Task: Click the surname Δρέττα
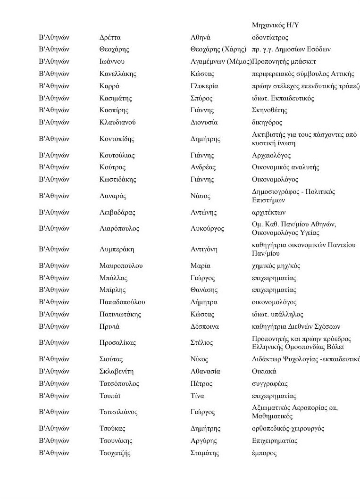(x=110, y=37)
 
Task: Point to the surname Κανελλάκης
(x=118, y=74)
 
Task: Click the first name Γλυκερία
(x=204, y=86)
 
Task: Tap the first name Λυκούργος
(x=207, y=229)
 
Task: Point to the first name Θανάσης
(x=204, y=290)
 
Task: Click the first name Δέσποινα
(x=205, y=326)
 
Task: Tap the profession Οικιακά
(x=264, y=371)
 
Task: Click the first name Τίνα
(x=197, y=396)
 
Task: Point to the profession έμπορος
(x=265, y=453)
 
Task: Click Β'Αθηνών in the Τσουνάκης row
(x=54, y=441)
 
